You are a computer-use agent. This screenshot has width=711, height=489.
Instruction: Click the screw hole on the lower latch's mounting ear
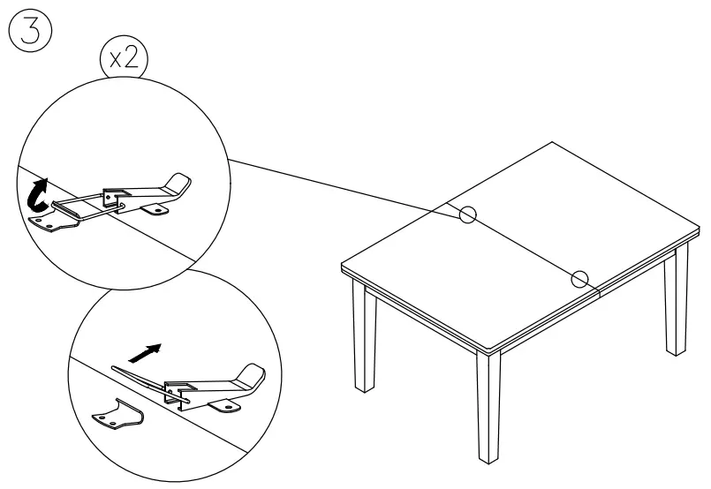click(231, 408)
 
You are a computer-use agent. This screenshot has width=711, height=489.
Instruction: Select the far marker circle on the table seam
click(468, 214)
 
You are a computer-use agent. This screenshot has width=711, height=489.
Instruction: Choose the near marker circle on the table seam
click(579, 279)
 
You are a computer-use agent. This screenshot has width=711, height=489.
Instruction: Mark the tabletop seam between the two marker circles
click(524, 246)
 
